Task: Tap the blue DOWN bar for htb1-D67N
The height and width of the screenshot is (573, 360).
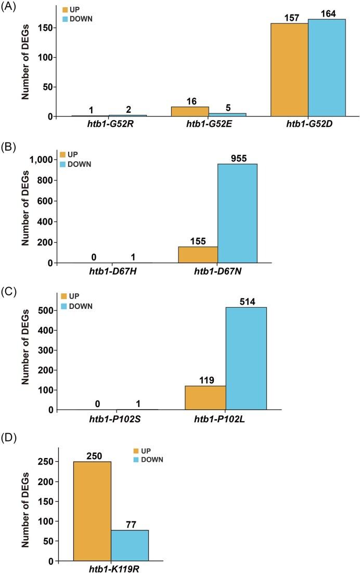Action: (237, 213)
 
